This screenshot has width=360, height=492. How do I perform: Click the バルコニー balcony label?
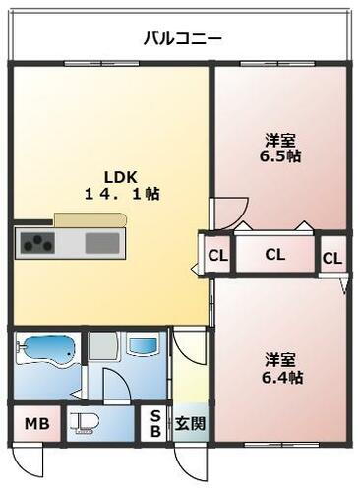tap(182, 39)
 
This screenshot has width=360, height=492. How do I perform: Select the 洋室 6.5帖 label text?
tap(281, 149)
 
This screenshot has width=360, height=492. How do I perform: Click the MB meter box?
tap(35, 425)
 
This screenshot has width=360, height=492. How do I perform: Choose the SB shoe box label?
tap(155, 424)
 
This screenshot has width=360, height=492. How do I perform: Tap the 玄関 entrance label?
tap(190, 425)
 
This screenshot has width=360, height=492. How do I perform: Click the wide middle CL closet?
tap(274, 255)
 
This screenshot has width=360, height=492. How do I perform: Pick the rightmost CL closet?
tap(332, 258)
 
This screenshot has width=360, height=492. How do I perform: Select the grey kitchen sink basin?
tap(101, 242)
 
